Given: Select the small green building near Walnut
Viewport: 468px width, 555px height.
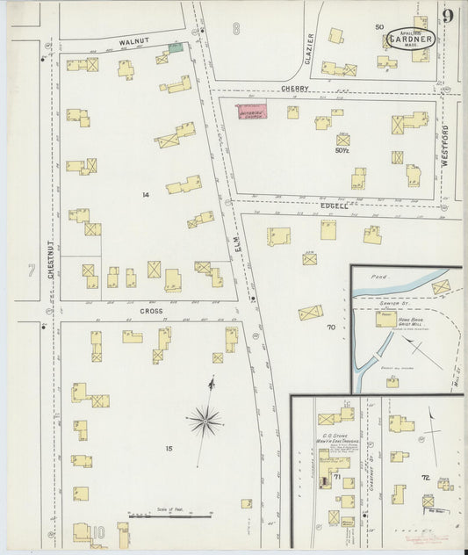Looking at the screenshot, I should [176, 47].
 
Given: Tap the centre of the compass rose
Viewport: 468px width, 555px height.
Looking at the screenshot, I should [205, 422].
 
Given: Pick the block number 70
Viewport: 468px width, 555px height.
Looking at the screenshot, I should [331, 328].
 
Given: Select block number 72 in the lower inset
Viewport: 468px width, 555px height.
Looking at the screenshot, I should [425, 477].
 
